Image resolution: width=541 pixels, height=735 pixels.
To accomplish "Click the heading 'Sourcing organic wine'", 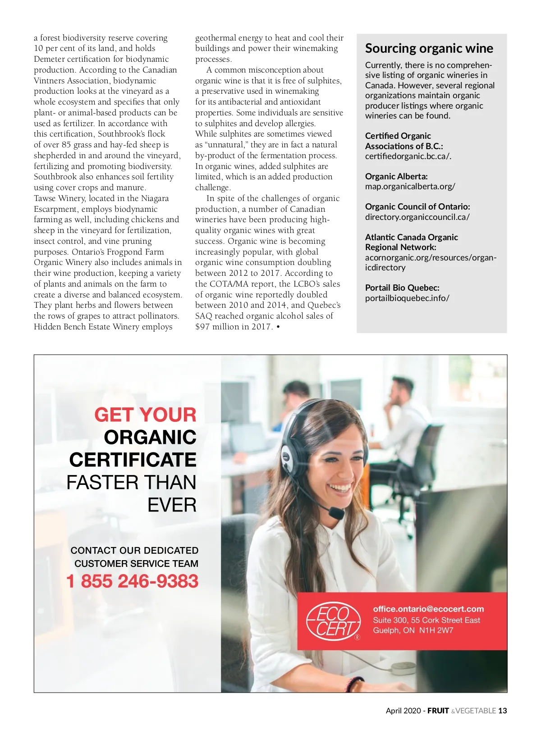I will tap(429, 48).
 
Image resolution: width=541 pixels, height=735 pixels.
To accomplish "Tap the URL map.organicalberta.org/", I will tap(410, 186).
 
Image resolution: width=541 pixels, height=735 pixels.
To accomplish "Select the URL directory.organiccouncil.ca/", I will tap(417, 217).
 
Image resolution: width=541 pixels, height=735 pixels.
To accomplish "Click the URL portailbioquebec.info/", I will tap(407, 298).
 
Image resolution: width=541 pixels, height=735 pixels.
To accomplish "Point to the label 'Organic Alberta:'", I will tap(396, 176).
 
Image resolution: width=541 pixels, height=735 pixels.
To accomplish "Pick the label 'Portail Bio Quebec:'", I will tap(402, 288).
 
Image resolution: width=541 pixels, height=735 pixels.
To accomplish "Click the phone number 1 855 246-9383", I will tap(133, 581).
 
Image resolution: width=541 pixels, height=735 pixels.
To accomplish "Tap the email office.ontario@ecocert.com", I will tap(428, 609).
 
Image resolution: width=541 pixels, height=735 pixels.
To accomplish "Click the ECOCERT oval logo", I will tap(334, 621).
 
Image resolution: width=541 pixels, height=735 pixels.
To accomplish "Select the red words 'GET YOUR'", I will tap(145, 415).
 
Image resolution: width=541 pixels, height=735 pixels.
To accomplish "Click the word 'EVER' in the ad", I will tap(172, 505).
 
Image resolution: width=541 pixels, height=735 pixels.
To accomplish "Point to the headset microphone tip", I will tap(336, 513).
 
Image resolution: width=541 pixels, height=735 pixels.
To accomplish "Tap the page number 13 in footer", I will tap(502, 711).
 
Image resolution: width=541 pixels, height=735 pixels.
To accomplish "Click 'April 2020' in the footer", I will tap(403, 711).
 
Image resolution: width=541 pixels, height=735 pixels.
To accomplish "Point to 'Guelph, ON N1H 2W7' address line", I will tap(413, 630).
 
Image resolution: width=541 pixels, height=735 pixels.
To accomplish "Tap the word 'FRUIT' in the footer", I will tap(438, 711).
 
